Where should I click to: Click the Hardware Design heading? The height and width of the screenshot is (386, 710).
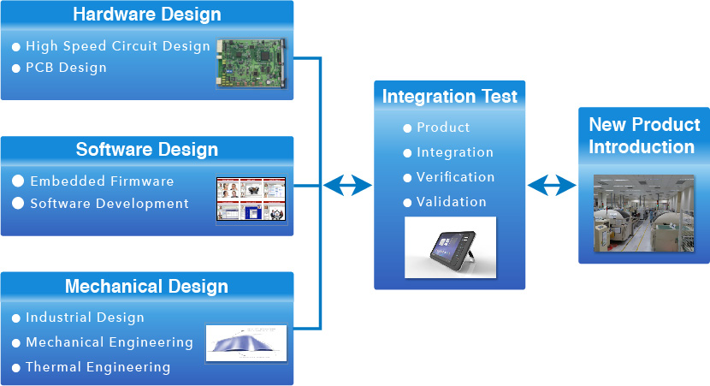pyautogui.click(x=147, y=15)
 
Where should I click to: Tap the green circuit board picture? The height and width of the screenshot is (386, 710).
pyautogui.click(x=251, y=63)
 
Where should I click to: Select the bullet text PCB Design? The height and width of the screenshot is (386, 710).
pyautogui.click(x=66, y=68)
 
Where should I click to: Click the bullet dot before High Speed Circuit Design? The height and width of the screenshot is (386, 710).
pyautogui.click(x=16, y=47)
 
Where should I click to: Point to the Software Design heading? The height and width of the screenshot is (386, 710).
pyautogui.click(x=147, y=150)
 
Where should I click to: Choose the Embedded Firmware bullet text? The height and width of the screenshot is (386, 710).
pyautogui.click(x=102, y=181)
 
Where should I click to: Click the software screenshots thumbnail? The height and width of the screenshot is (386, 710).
pyautogui.click(x=251, y=199)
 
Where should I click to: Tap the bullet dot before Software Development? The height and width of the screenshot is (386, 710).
pyautogui.click(x=18, y=203)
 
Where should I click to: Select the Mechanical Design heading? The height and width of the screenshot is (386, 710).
pyautogui.click(x=147, y=287)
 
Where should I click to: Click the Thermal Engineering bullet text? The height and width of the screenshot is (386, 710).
pyautogui.click(x=98, y=367)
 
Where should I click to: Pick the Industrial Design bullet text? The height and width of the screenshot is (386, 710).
pyautogui.click(x=86, y=318)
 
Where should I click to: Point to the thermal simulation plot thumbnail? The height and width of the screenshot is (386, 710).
pyautogui.click(x=246, y=343)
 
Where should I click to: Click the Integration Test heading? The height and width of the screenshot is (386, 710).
pyautogui.click(x=450, y=97)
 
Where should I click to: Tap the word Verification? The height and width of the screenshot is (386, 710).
pyautogui.click(x=456, y=177)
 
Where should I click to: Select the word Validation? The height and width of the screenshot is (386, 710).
pyautogui.click(x=452, y=202)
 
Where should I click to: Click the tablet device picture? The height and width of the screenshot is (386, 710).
pyautogui.click(x=451, y=247)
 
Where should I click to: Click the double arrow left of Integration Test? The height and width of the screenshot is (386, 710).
pyautogui.click(x=348, y=186)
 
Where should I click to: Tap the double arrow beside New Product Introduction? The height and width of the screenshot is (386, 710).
pyautogui.click(x=552, y=186)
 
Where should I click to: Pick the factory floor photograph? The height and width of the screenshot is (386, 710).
pyautogui.click(x=644, y=213)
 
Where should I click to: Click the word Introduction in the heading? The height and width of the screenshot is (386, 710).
pyautogui.click(x=642, y=147)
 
